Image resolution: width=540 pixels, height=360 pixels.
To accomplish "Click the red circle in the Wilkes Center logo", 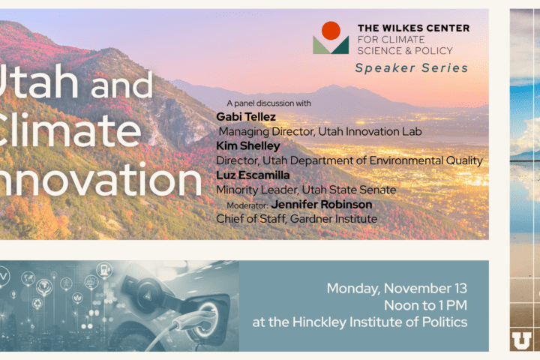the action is click(331, 31).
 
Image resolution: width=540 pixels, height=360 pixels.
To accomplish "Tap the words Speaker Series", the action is click(412, 67).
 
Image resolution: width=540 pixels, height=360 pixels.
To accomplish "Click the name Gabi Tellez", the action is click(246, 117).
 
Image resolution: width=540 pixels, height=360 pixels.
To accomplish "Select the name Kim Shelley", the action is click(248, 145).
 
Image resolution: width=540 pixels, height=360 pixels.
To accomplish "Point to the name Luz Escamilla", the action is click(253, 175).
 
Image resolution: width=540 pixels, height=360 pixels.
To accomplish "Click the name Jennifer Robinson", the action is click(322, 204).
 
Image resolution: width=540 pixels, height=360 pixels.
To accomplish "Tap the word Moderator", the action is click(247, 205).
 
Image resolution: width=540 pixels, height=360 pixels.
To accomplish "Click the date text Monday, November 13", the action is click(397, 288).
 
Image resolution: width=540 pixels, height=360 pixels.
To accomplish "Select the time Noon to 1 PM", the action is click(426, 305).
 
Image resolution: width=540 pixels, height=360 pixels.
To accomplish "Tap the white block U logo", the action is click(521, 340).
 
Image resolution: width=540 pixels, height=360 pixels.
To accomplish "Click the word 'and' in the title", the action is click(121, 84).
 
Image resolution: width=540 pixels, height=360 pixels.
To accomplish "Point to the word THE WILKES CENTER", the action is click(413, 28).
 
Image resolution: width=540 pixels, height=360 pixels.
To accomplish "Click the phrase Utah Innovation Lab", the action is click(370, 131).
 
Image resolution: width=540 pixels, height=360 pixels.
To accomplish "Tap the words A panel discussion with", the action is click(268, 103).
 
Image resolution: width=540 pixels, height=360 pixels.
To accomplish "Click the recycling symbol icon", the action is click(37, 304).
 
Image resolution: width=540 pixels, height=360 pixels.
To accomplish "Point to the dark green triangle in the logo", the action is click(340, 46).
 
